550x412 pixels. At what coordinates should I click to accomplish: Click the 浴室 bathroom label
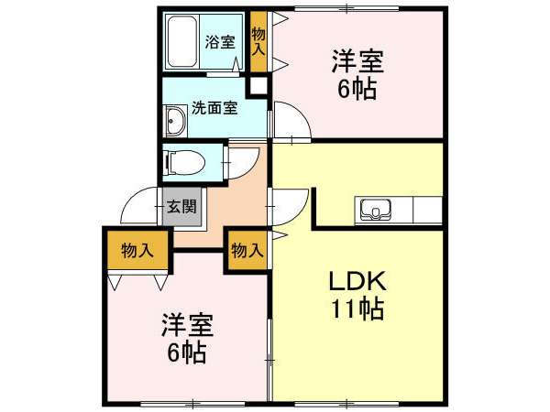coord(220,42)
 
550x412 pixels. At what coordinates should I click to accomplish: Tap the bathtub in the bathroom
coord(181,42)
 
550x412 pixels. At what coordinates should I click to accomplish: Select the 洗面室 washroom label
coord(214,108)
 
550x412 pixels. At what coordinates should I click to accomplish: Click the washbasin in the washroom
coord(175,121)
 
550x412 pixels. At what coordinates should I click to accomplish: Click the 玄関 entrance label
coord(181,207)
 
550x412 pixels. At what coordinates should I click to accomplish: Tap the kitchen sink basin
coord(376,210)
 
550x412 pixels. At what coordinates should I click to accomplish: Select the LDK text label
coord(357,281)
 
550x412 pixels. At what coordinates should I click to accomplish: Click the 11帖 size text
coord(357,309)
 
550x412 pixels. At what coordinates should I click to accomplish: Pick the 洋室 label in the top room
coord(357,61)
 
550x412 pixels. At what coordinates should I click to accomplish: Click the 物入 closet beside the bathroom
coord(258,42)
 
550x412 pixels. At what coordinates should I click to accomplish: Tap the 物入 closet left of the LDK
coord(247,251)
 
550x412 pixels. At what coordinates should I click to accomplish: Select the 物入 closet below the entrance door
coord(137,251)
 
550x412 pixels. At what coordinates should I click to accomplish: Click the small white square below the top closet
coord(258,86)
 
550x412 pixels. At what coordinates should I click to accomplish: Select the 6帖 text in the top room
coord(357,89)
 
